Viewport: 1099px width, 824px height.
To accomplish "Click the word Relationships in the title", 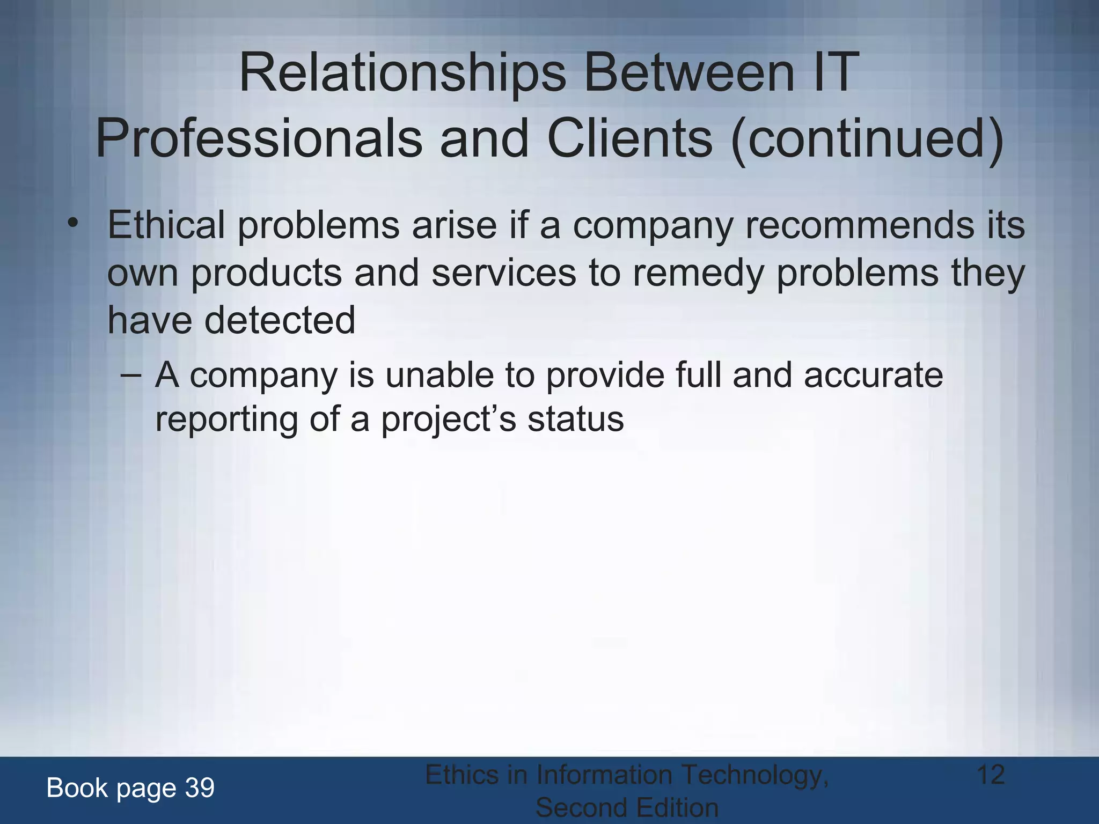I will pos(402,73).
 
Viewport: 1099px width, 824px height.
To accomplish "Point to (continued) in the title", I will pos(867,138).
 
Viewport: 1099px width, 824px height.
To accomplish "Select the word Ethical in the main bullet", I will pos(166,225).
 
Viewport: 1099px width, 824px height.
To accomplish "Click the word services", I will pos(503,273).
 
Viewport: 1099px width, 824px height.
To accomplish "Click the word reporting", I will pos(226,420).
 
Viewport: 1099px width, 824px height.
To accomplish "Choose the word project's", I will pos(449,420).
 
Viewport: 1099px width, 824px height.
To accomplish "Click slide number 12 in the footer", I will pos(990,775).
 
